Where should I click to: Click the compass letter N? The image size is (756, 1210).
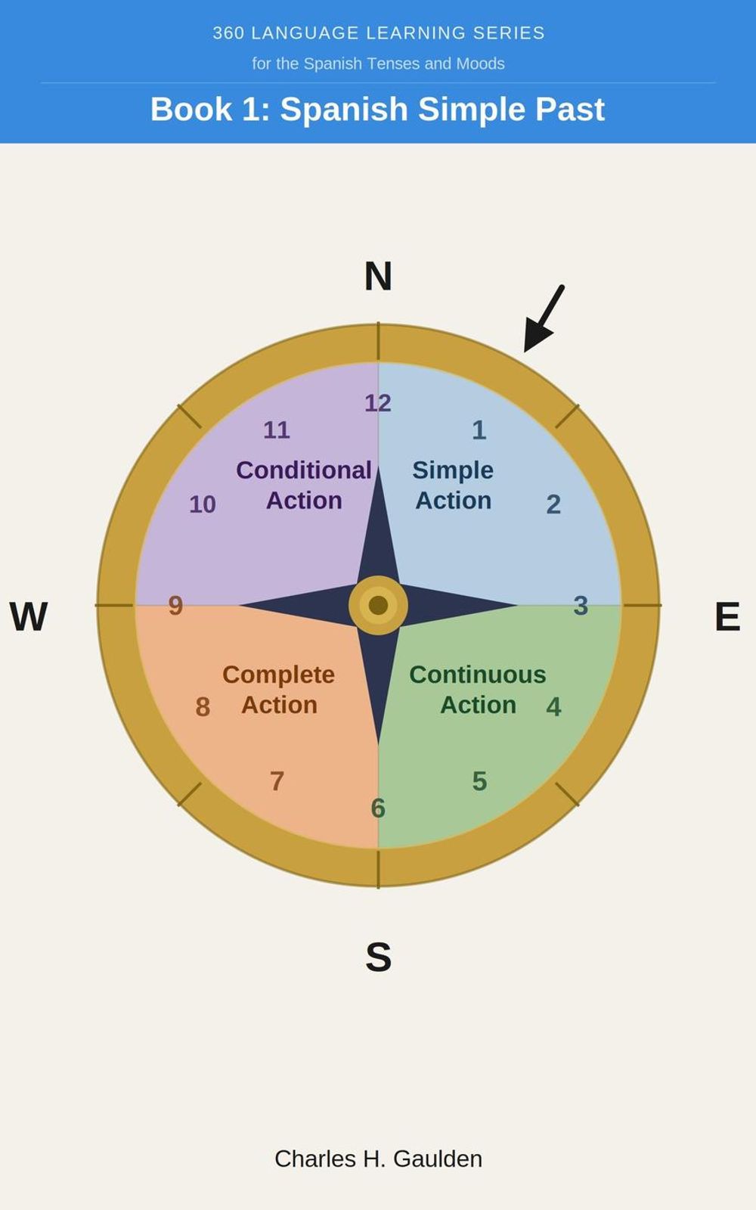378,276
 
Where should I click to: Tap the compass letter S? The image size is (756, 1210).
379,957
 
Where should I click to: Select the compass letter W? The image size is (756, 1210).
29,616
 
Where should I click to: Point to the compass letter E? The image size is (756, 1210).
727,616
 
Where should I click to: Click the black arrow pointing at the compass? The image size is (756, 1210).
544,318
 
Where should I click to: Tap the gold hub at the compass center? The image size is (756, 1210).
378,605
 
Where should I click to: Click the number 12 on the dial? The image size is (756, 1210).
378,403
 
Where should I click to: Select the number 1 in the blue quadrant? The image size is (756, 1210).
479,430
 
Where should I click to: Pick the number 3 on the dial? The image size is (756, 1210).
581,606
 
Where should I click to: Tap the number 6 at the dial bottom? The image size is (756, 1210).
378,808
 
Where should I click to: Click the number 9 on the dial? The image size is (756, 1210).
175,606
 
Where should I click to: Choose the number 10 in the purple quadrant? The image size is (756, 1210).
203,504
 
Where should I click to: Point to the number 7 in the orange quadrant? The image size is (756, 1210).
277,781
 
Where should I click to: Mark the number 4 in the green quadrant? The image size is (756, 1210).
553,706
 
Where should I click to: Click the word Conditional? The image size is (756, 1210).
303,470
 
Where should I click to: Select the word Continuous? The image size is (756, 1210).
478,675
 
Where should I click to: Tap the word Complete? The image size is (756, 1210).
279,675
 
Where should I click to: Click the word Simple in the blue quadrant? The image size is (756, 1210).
453,470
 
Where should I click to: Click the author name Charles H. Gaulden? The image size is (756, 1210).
378,1159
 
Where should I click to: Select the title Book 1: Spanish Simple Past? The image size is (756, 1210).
377,109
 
